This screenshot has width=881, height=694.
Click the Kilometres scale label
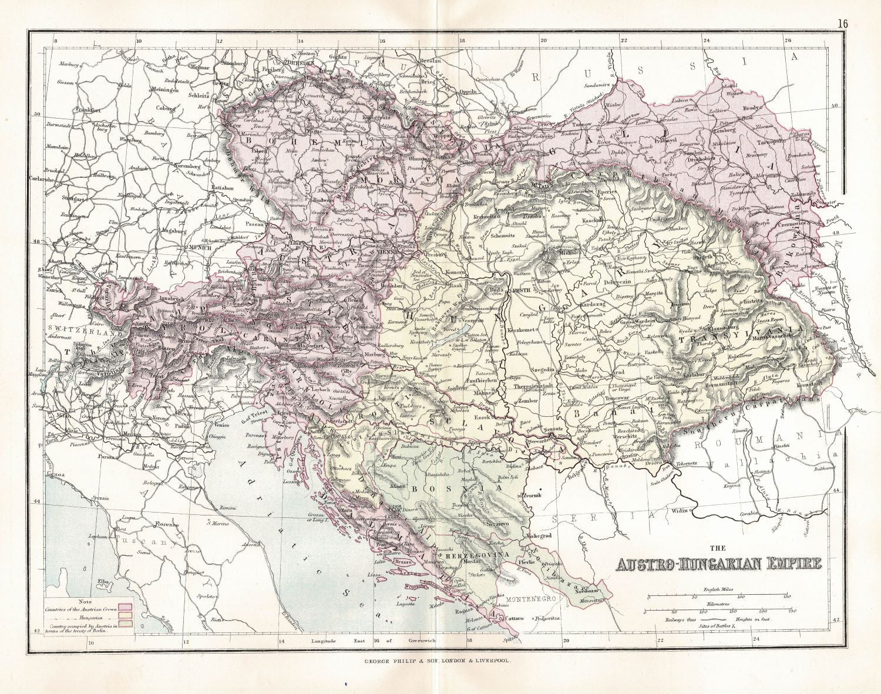pyautogui.click(x=719, y=604)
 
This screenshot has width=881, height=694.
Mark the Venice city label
pyautogui.click(x=221, y=425)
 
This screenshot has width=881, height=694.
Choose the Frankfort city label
pyautogui.click(x=89, y=110)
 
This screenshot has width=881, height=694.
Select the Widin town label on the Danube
pyautogui.click(x=679, y=511)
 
